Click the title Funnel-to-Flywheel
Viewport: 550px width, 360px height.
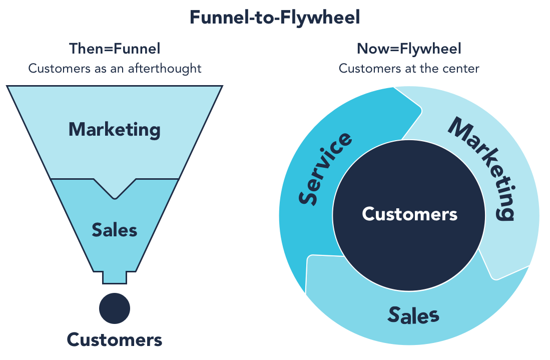click(275, 18)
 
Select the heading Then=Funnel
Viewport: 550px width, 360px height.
click(115, 49)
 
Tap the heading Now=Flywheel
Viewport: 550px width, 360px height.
click(409, 49)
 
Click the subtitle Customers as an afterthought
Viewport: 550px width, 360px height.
click(115, 68)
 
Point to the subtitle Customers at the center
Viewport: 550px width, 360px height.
click(409, 68)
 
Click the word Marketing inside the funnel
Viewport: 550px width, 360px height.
click(115, 130)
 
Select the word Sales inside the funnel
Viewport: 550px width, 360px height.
click(115, 230)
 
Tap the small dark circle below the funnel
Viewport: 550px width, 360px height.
click(115, 308)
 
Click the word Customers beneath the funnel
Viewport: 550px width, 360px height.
click(115, 340)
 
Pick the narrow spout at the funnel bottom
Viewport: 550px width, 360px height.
click(115, 277)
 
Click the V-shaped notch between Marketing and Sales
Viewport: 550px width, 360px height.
click(115, 193)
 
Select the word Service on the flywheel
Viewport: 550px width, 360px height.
click(325, 169)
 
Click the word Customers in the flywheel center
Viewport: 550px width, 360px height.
click(409, 214)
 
